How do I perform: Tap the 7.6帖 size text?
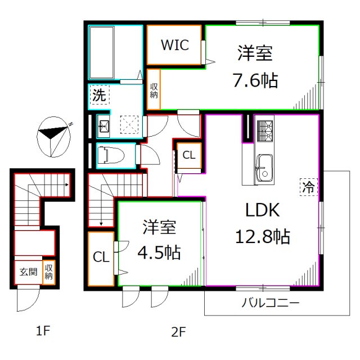point(255,80)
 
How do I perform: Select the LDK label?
point(262,210)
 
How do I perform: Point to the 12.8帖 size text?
point(262,237)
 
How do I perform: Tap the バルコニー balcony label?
point(271,303)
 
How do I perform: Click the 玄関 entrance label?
point(28,272)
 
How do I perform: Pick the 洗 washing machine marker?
point(99,96)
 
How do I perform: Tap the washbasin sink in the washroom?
point(103,125)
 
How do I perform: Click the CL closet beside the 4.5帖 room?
point(101,258)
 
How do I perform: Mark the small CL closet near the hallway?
point(189,156)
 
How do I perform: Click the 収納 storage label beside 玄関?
point(49,272)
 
